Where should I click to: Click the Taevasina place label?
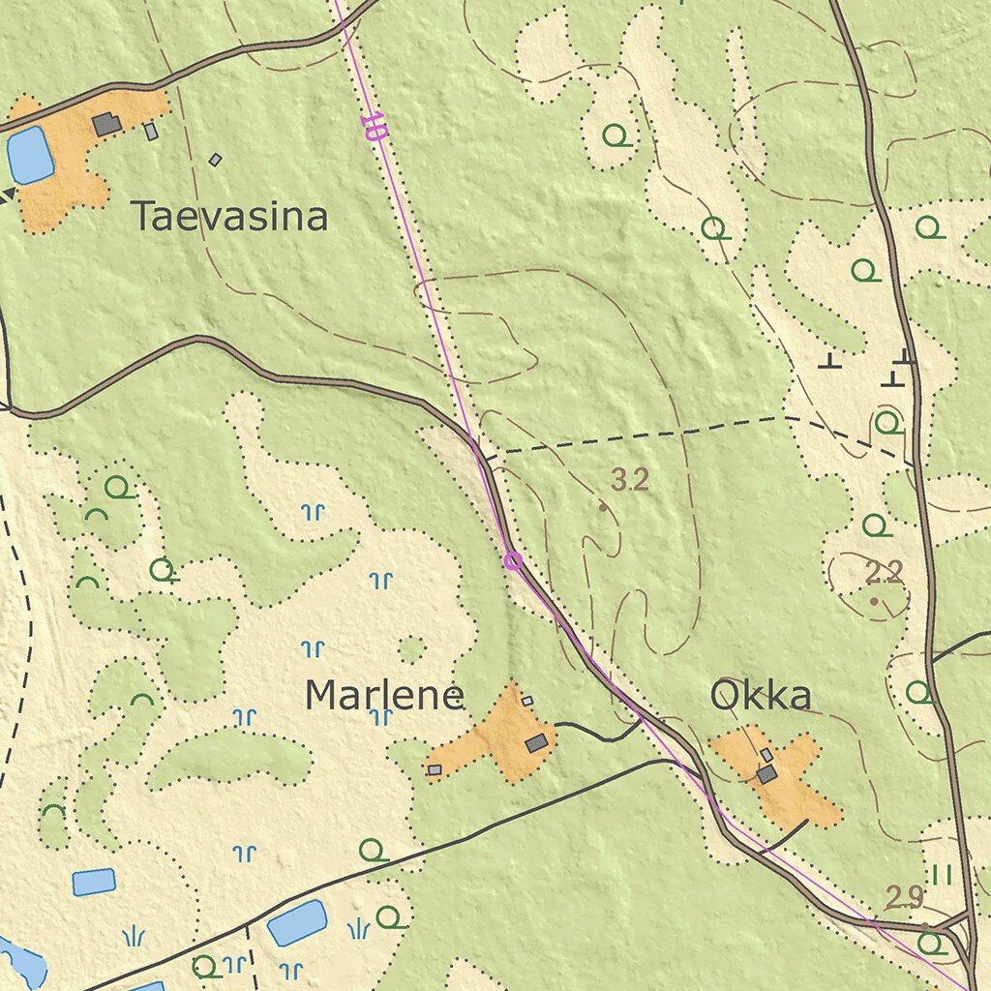pyautogui.click(x=229, y=216)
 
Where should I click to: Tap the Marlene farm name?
pyautogui.click(x=384, y=695)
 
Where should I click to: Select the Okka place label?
pyautogui.click(x=760, y=695)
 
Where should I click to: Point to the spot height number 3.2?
pyautogui.click(x=630, y=479)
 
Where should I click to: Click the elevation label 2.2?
pyautogui.click(x=884, y=573)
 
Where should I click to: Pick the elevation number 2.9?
pyautogui.click(x=904, y=898)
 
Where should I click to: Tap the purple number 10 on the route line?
pyautogui.click(x=373, y=127)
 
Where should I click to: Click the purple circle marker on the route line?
pyautogui.click(x=513, y=560)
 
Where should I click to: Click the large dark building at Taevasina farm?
pyautogui.click(x=106, y=124)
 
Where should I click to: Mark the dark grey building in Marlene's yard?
pyautogui.click(x=537, y=743)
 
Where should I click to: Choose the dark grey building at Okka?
pyautogui.click(x=766, y=773)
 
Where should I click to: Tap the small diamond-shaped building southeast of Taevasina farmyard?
pyautogui.click(x=215, y=160)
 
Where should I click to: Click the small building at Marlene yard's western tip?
pyautogui.click(x=435, y=769)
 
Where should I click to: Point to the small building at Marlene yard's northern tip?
pyautogui.click(x=527, y=701)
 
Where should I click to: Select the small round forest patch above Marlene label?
pyautogui.click(x=412, y=648)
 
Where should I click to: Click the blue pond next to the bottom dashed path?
pyautogui.click(x=297, y=921)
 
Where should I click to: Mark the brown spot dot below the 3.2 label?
pyautogui.click(x=603, y=506)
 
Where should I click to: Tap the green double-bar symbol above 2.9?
pyautogui.click(x=943, y=875)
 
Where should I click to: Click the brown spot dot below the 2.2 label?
pyautogui.click(x=875, y=601)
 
